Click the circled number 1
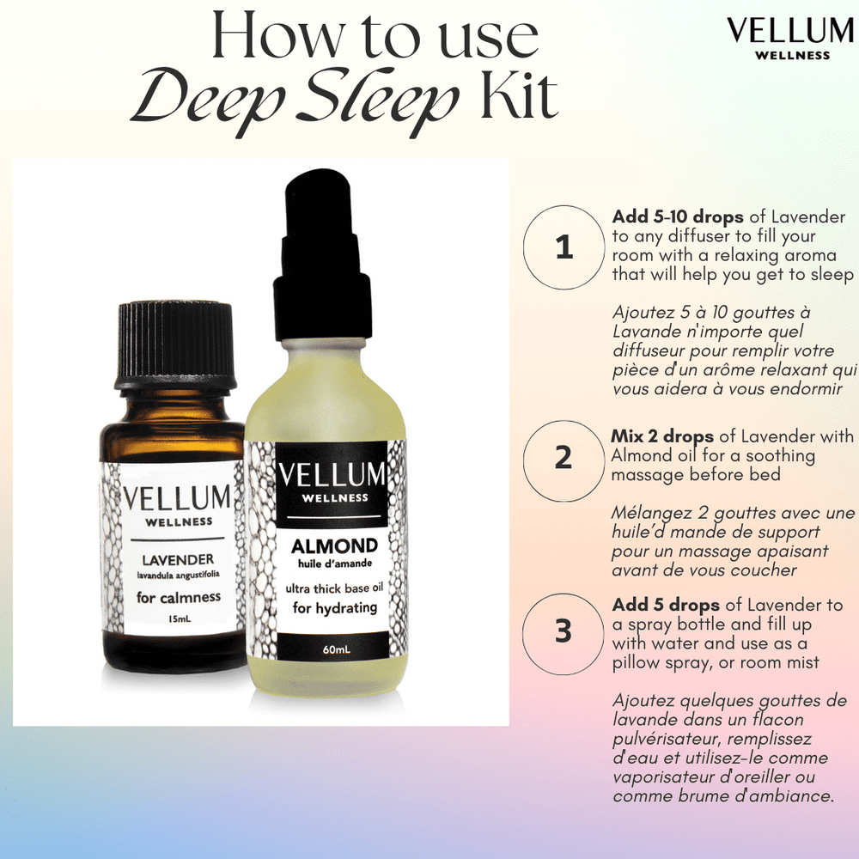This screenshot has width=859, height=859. click(x=564, y=247)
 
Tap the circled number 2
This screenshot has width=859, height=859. click(x=564, y=457)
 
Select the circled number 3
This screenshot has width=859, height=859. click(x=564, y=631)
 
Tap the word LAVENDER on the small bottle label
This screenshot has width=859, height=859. click(x=174, y=559)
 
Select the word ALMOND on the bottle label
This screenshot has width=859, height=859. click(x=334, y=545)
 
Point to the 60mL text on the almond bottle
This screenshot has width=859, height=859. click(x=334, y=650)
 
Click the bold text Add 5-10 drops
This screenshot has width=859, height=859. click(x=678, y=217)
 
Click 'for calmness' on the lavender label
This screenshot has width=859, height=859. click(x=179, y=596)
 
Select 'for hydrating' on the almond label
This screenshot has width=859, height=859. click(x=333, y=608)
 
